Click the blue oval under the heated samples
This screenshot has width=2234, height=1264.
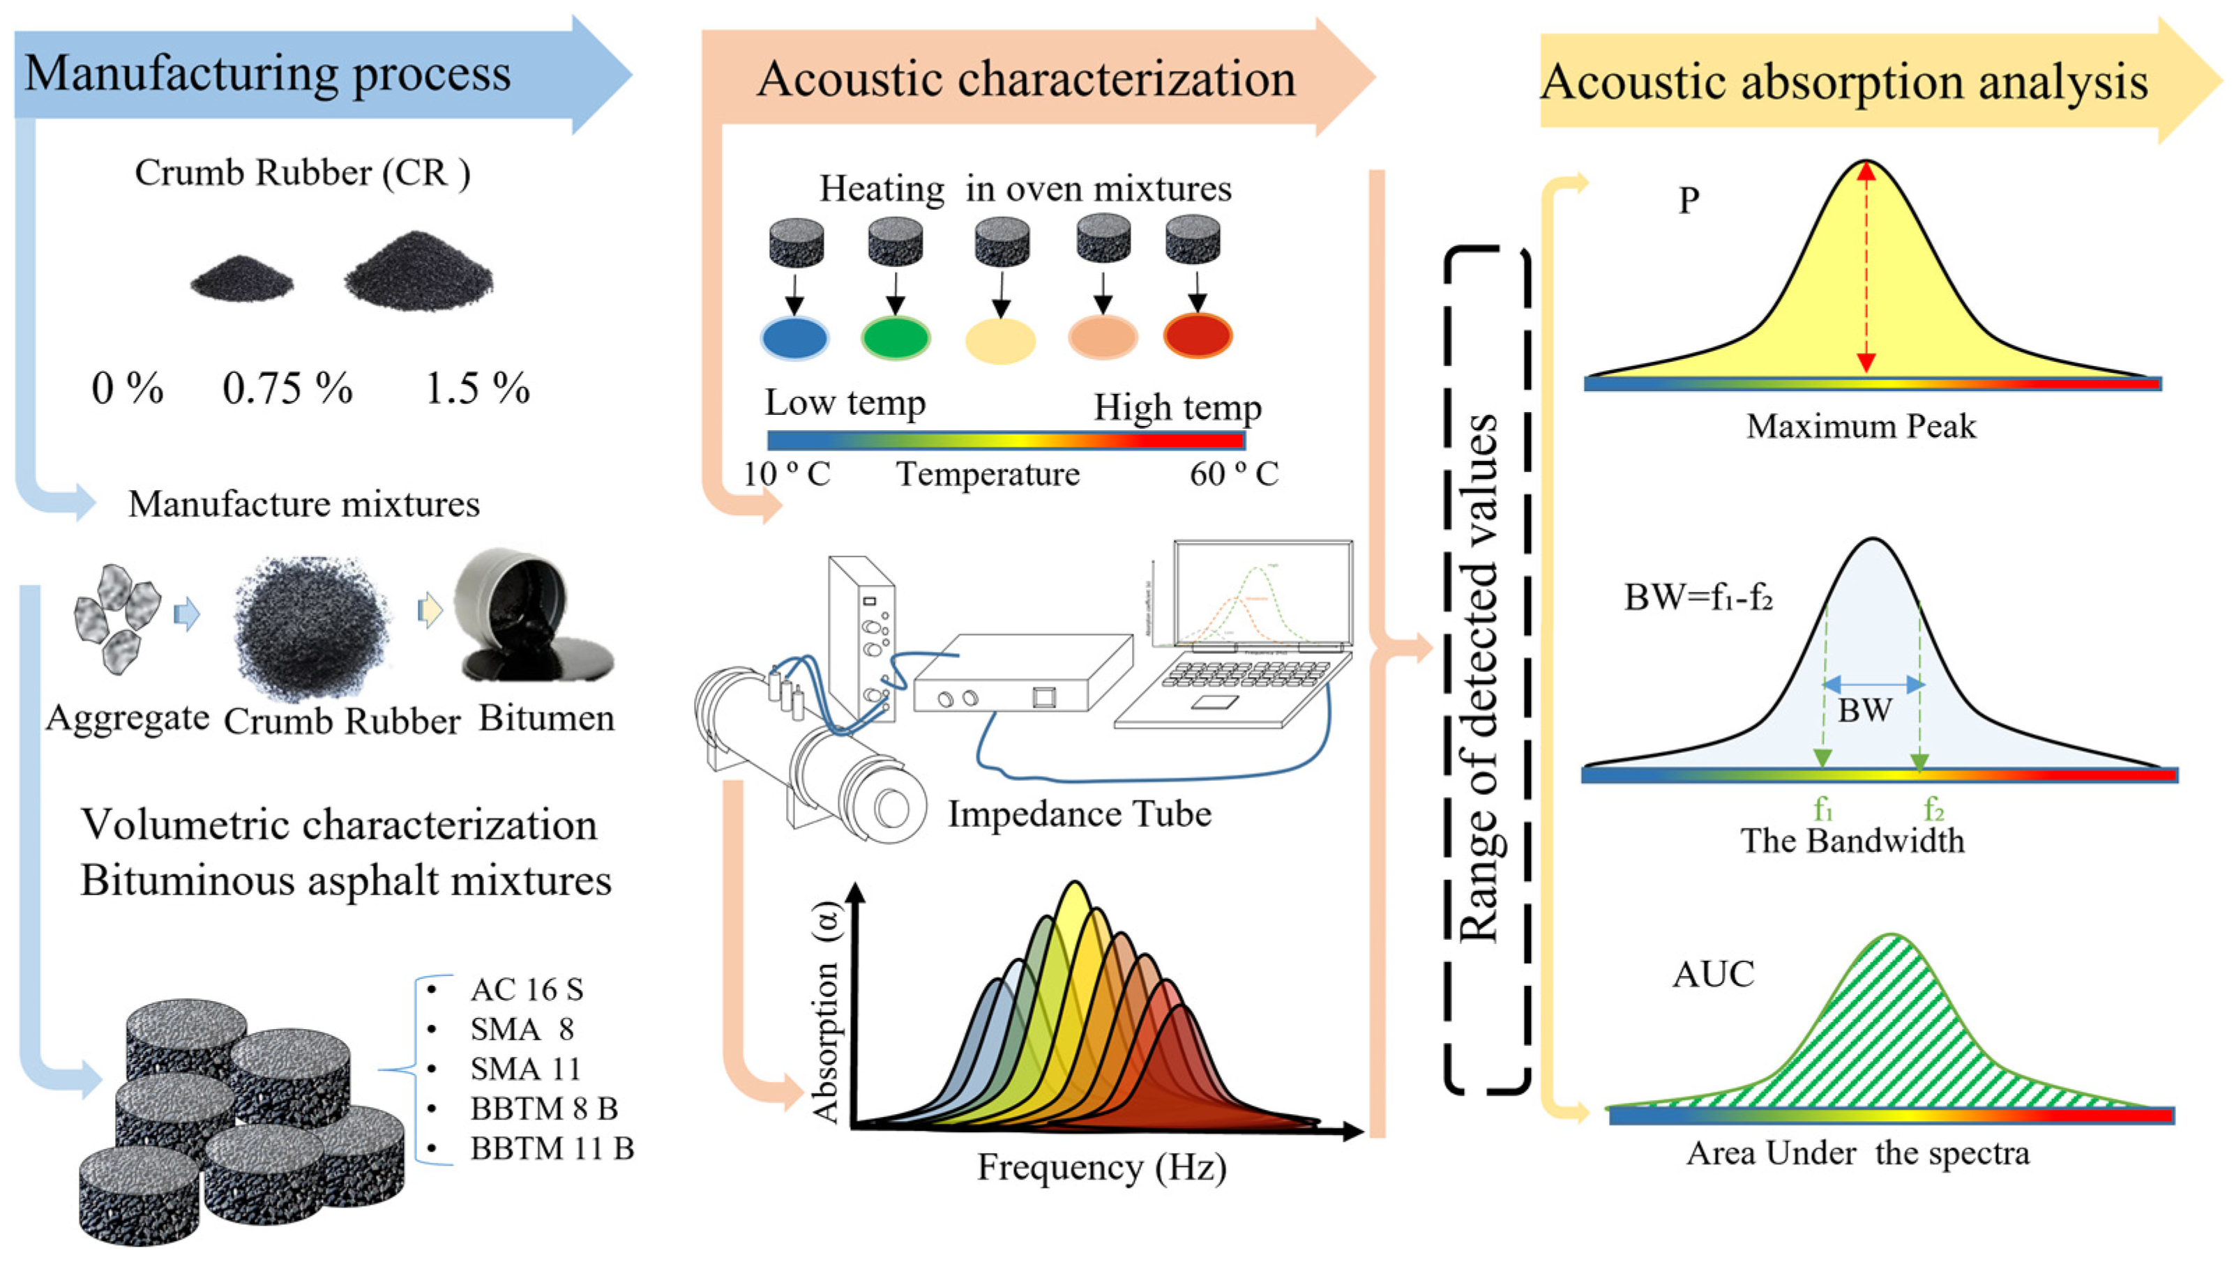(x=794, y=337)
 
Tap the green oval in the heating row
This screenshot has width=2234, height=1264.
(x=895, y=337)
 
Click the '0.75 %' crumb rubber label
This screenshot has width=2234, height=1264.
(x=287, y=388)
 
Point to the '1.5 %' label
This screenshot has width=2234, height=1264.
(x=476, y=388)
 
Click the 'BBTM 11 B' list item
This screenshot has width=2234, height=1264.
(x=551, y=1148)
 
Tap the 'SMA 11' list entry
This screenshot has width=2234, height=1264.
(x=525, y=1069)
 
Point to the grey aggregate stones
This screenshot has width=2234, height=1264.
(x=117, y=618)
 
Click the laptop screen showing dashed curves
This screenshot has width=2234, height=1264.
(x=1262, y=594)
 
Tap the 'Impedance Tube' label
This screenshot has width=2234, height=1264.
(x=1079, y=814)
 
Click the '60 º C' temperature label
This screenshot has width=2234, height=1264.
(x=1233, y=474)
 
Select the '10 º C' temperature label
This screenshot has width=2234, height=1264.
(x=787, y=474)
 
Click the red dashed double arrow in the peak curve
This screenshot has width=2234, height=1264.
(x=1866, y=269)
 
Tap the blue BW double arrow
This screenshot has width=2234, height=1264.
(x=1873, y=685)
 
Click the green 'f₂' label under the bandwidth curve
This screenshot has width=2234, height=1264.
(x=1933, y=809)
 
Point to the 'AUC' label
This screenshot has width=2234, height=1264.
(x=1712, y=975)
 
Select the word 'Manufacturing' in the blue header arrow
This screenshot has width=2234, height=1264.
(x=181, y=74)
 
